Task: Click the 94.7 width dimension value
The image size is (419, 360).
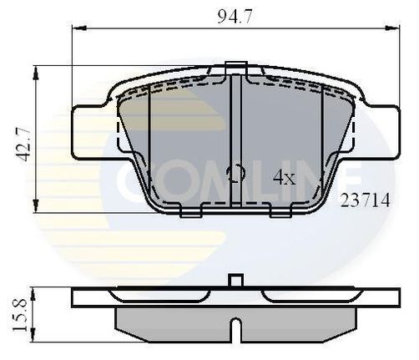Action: coord(235,17)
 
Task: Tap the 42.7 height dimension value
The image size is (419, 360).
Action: coord(23,145)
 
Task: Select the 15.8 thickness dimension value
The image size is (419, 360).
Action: coord(20,314)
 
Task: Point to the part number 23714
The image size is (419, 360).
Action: coord(366,200)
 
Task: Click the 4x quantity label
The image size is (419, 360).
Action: coord(284,177)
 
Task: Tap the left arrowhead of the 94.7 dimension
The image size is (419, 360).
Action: coord(79,28)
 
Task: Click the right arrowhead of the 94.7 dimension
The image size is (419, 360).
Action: coord(392,28)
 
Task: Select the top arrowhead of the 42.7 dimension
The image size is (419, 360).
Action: coord(35,74)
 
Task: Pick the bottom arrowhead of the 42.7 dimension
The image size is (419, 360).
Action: coord(35,205)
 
